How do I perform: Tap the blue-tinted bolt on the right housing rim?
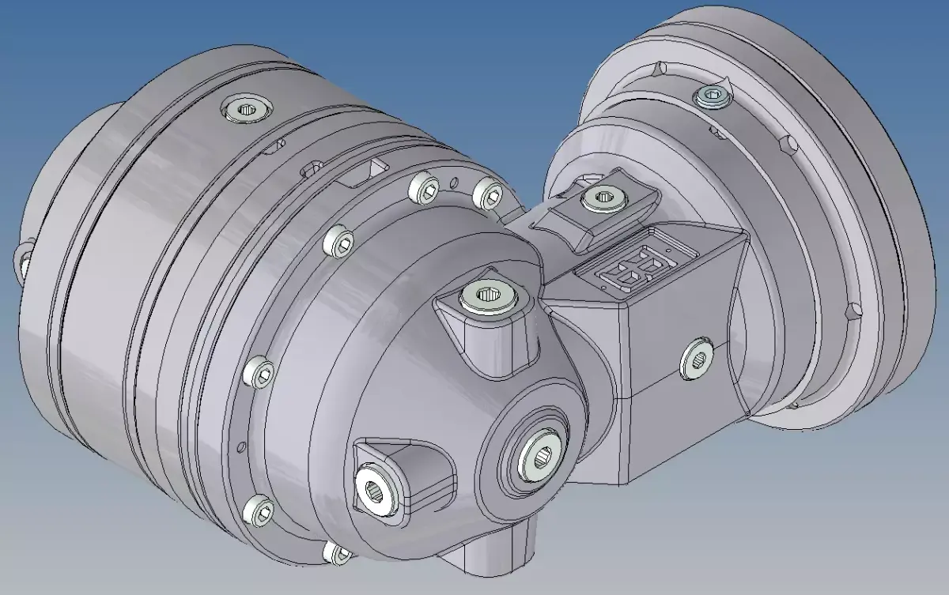coord(713,97)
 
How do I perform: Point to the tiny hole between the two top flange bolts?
coord(453,186)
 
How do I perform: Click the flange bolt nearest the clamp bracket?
coord(488,192)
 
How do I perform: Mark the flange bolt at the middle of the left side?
coord(260,371)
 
